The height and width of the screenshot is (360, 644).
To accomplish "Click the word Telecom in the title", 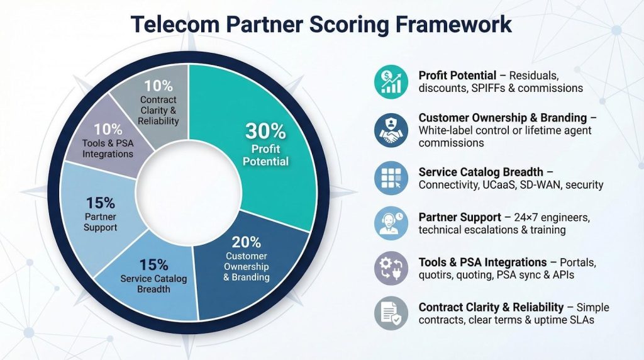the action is [x=175, y=24].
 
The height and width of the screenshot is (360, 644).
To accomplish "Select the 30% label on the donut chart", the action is [x=265, y=132].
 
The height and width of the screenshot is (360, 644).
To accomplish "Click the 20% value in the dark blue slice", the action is [x=247, y=242].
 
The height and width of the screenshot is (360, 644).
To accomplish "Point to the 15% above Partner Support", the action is [x=100, y=203].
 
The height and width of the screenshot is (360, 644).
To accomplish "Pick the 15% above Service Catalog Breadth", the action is [x=153, y=265].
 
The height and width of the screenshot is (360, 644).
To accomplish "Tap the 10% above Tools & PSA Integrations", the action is [x=108, y=130].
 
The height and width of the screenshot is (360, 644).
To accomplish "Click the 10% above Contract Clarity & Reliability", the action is [x=158, y=86].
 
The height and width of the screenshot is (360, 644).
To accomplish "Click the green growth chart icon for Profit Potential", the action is [x=391, y=81].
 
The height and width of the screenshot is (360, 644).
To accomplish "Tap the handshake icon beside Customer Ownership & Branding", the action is [x=391, y=130].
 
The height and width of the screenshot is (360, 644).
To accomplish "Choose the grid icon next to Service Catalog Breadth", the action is [x=391, y=178].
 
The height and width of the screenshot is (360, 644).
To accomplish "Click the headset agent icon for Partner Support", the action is [x=391, y=223].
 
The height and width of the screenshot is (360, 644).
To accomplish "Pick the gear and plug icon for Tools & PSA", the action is [x=391, y=268].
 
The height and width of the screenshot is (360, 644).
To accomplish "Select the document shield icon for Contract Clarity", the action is [x=391, y=313].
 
